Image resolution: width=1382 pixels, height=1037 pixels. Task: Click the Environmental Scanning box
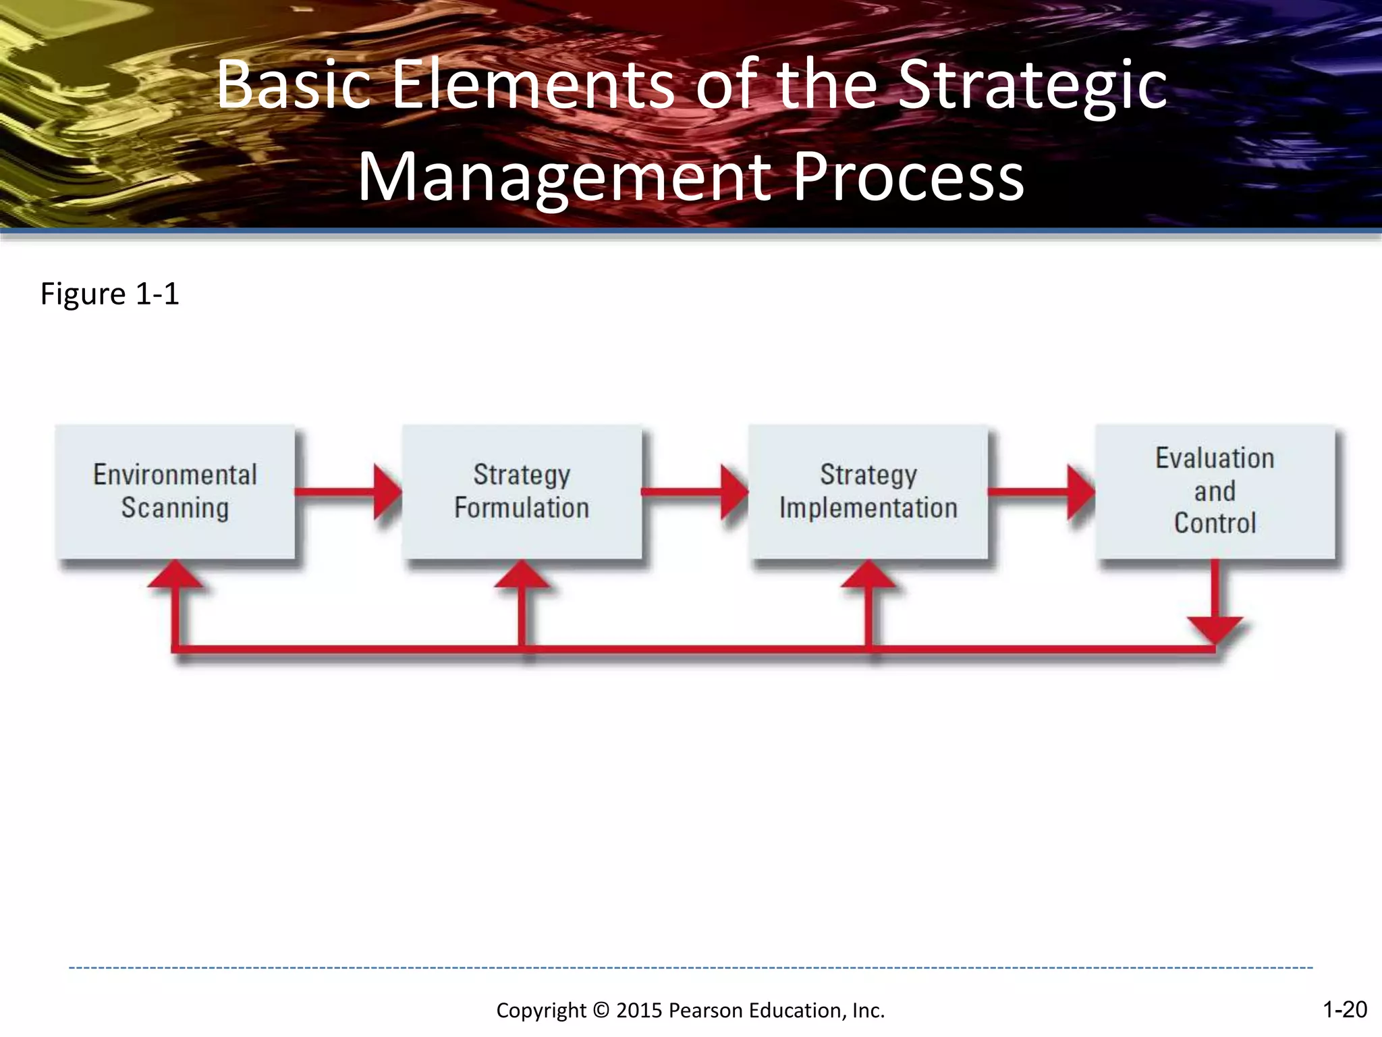click(x=175, y=491)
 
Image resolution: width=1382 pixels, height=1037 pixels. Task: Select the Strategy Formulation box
click(x=522, y=491)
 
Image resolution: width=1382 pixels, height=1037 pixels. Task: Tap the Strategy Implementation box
click(x=868, y=491)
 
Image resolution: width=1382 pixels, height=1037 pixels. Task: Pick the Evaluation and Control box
click(x=1215, y=491)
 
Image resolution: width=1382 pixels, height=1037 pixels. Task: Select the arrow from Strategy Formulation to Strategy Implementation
click(x=695, y=491)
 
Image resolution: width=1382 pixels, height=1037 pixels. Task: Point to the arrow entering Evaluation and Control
click(x=1042, y=491)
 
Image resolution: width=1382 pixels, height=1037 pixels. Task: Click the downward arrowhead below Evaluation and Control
click(x=1215, y=628)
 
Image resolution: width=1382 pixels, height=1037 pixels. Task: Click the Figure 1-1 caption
click(x=110, y=294)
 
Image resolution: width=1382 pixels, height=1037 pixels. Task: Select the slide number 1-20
click(x=1344, y=1009)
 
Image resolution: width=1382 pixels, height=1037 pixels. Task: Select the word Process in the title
click(x=908, y=178)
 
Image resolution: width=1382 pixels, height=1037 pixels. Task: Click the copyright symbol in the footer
click(x=601, y=1011)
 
